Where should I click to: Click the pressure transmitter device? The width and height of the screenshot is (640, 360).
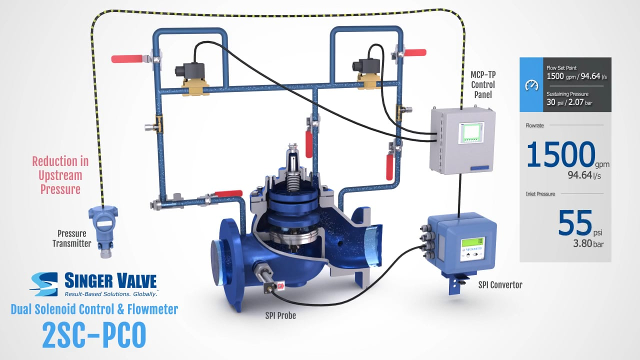click(x=103, y=231)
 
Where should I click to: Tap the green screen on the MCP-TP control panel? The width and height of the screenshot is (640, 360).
click(x=471, y=133)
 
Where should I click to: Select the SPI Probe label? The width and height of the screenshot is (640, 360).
click(x=280, y=315)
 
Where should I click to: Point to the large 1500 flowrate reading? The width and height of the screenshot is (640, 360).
click(x=561, y=154)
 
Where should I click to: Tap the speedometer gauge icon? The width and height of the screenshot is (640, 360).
click(x=531, y=85)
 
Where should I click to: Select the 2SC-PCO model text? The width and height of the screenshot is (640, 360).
click(x=94, y=335)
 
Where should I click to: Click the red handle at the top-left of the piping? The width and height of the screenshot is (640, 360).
click(x=127, y=59)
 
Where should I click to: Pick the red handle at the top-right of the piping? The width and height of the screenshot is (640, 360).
click(x=415, y=52)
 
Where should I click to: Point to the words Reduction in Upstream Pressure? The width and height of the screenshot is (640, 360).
click(x=60, y=175)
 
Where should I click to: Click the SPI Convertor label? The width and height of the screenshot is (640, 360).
click(x=500, y=285)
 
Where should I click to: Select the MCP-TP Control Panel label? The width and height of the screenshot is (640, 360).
click(x=483, y=84)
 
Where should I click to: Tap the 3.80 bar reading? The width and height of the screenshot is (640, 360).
click(x=588, y=243)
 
